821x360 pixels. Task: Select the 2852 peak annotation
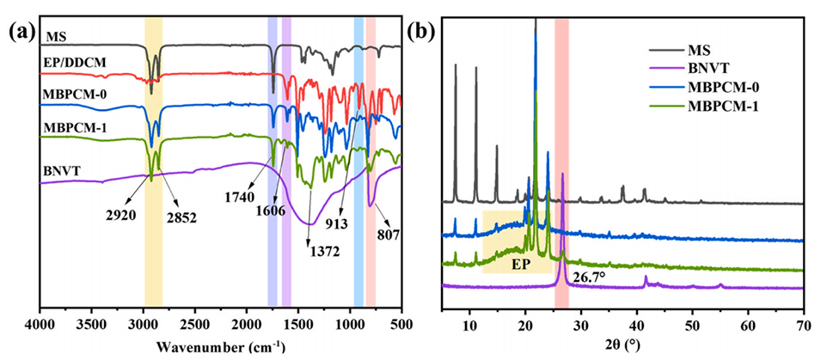(x=181, y=217)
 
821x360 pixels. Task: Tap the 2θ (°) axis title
(x=622, y=345)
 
